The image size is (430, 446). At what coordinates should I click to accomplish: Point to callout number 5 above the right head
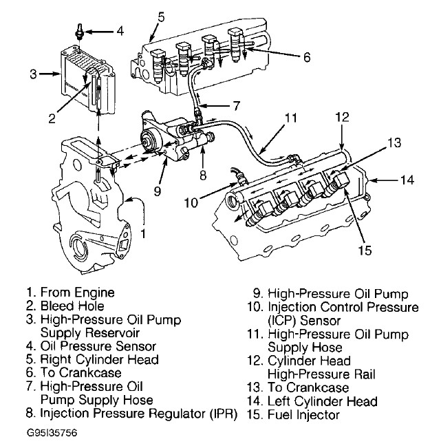pyautogui.click(x=160, y=15)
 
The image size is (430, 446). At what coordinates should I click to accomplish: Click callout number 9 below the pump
pyautogui.click(x=159, y=191)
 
